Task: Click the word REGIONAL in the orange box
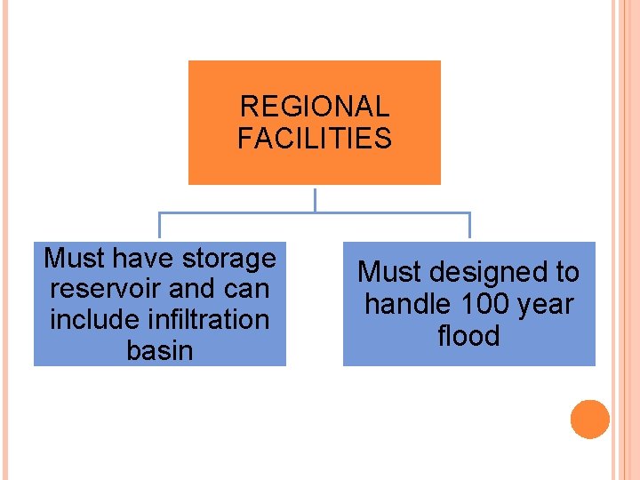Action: click(x=315, y=108)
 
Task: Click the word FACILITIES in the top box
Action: click(x=315, y=139)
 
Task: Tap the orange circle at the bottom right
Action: click(x=590, y=420)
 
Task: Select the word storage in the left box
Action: click(x=230, y=259)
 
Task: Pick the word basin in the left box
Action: click(x=160, y=350)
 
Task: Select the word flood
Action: click(x=468, y=336)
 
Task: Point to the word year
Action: click(x=546, y=305)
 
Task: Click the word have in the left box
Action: click(x=144, y=259)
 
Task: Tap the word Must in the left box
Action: click(x=74, y=259)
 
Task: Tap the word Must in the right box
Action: click(x=388, y=273)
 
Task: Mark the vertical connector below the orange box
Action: click(x=315, y=199)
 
